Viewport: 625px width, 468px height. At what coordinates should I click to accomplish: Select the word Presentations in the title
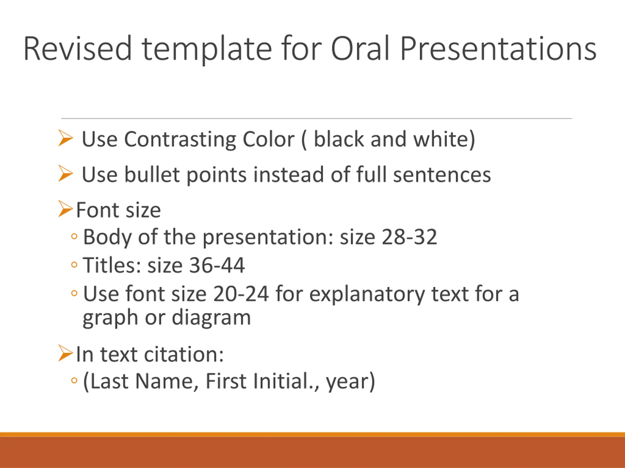[498, 48]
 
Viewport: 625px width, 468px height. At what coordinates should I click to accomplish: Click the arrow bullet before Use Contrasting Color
[65, 138]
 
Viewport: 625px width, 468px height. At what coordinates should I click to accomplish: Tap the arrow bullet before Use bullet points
[65, 173]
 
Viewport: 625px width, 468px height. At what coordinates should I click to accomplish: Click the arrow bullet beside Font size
[65, 209]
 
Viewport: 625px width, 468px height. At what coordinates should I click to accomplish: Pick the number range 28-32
[409, 237]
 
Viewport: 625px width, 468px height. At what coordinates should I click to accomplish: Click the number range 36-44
[217, 265]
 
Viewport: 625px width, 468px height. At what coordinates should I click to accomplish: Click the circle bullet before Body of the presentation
[74, 236]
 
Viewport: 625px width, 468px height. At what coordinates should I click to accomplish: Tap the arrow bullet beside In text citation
[65, 353]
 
